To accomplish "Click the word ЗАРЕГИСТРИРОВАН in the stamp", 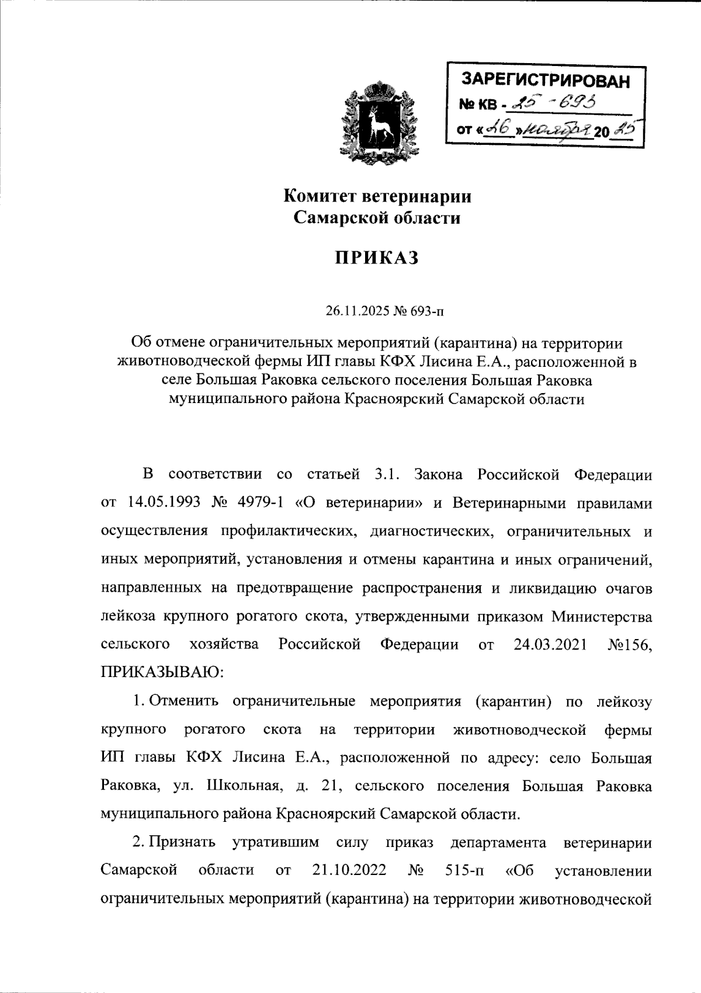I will point(546,81).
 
